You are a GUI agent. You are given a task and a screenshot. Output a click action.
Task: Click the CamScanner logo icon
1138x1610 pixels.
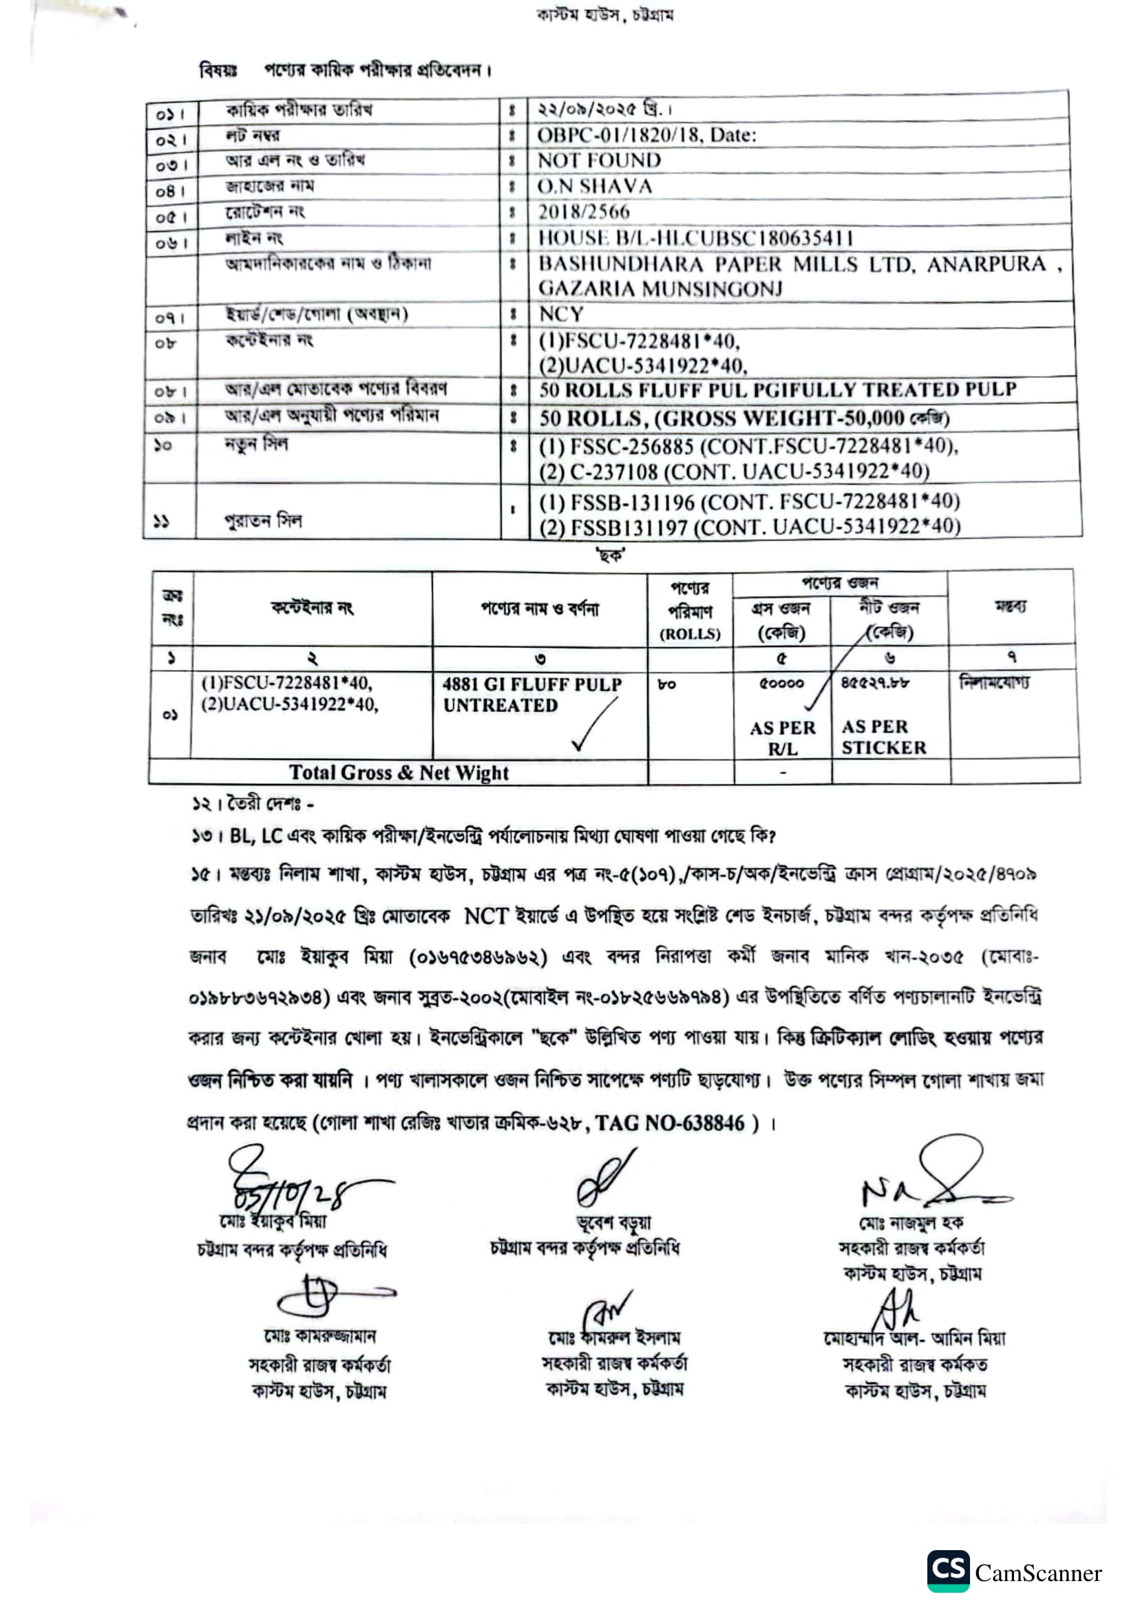click(948, 1571)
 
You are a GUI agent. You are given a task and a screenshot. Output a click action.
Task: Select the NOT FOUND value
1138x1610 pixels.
click(599, 160)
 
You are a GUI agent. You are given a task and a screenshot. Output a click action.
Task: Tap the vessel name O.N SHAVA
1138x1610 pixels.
click(595, 187)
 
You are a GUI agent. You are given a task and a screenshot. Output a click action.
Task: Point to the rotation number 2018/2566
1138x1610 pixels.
click(583, 212)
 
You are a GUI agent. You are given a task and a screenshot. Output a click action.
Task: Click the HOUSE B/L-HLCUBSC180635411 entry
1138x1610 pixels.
click(695, 237)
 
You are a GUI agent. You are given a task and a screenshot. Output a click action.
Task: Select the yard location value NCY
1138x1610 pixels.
click(560, 314)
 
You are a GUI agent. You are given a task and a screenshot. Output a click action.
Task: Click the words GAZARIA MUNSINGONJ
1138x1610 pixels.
click(660, 289)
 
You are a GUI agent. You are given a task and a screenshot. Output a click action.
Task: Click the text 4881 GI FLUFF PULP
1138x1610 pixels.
click(531, 684)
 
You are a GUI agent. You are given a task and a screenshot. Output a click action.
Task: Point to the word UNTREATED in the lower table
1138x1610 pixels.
click(500, 706)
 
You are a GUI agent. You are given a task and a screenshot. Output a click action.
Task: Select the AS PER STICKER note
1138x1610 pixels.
click(883, 737)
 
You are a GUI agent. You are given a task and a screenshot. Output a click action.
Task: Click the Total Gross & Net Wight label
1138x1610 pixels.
click(398, 773)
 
